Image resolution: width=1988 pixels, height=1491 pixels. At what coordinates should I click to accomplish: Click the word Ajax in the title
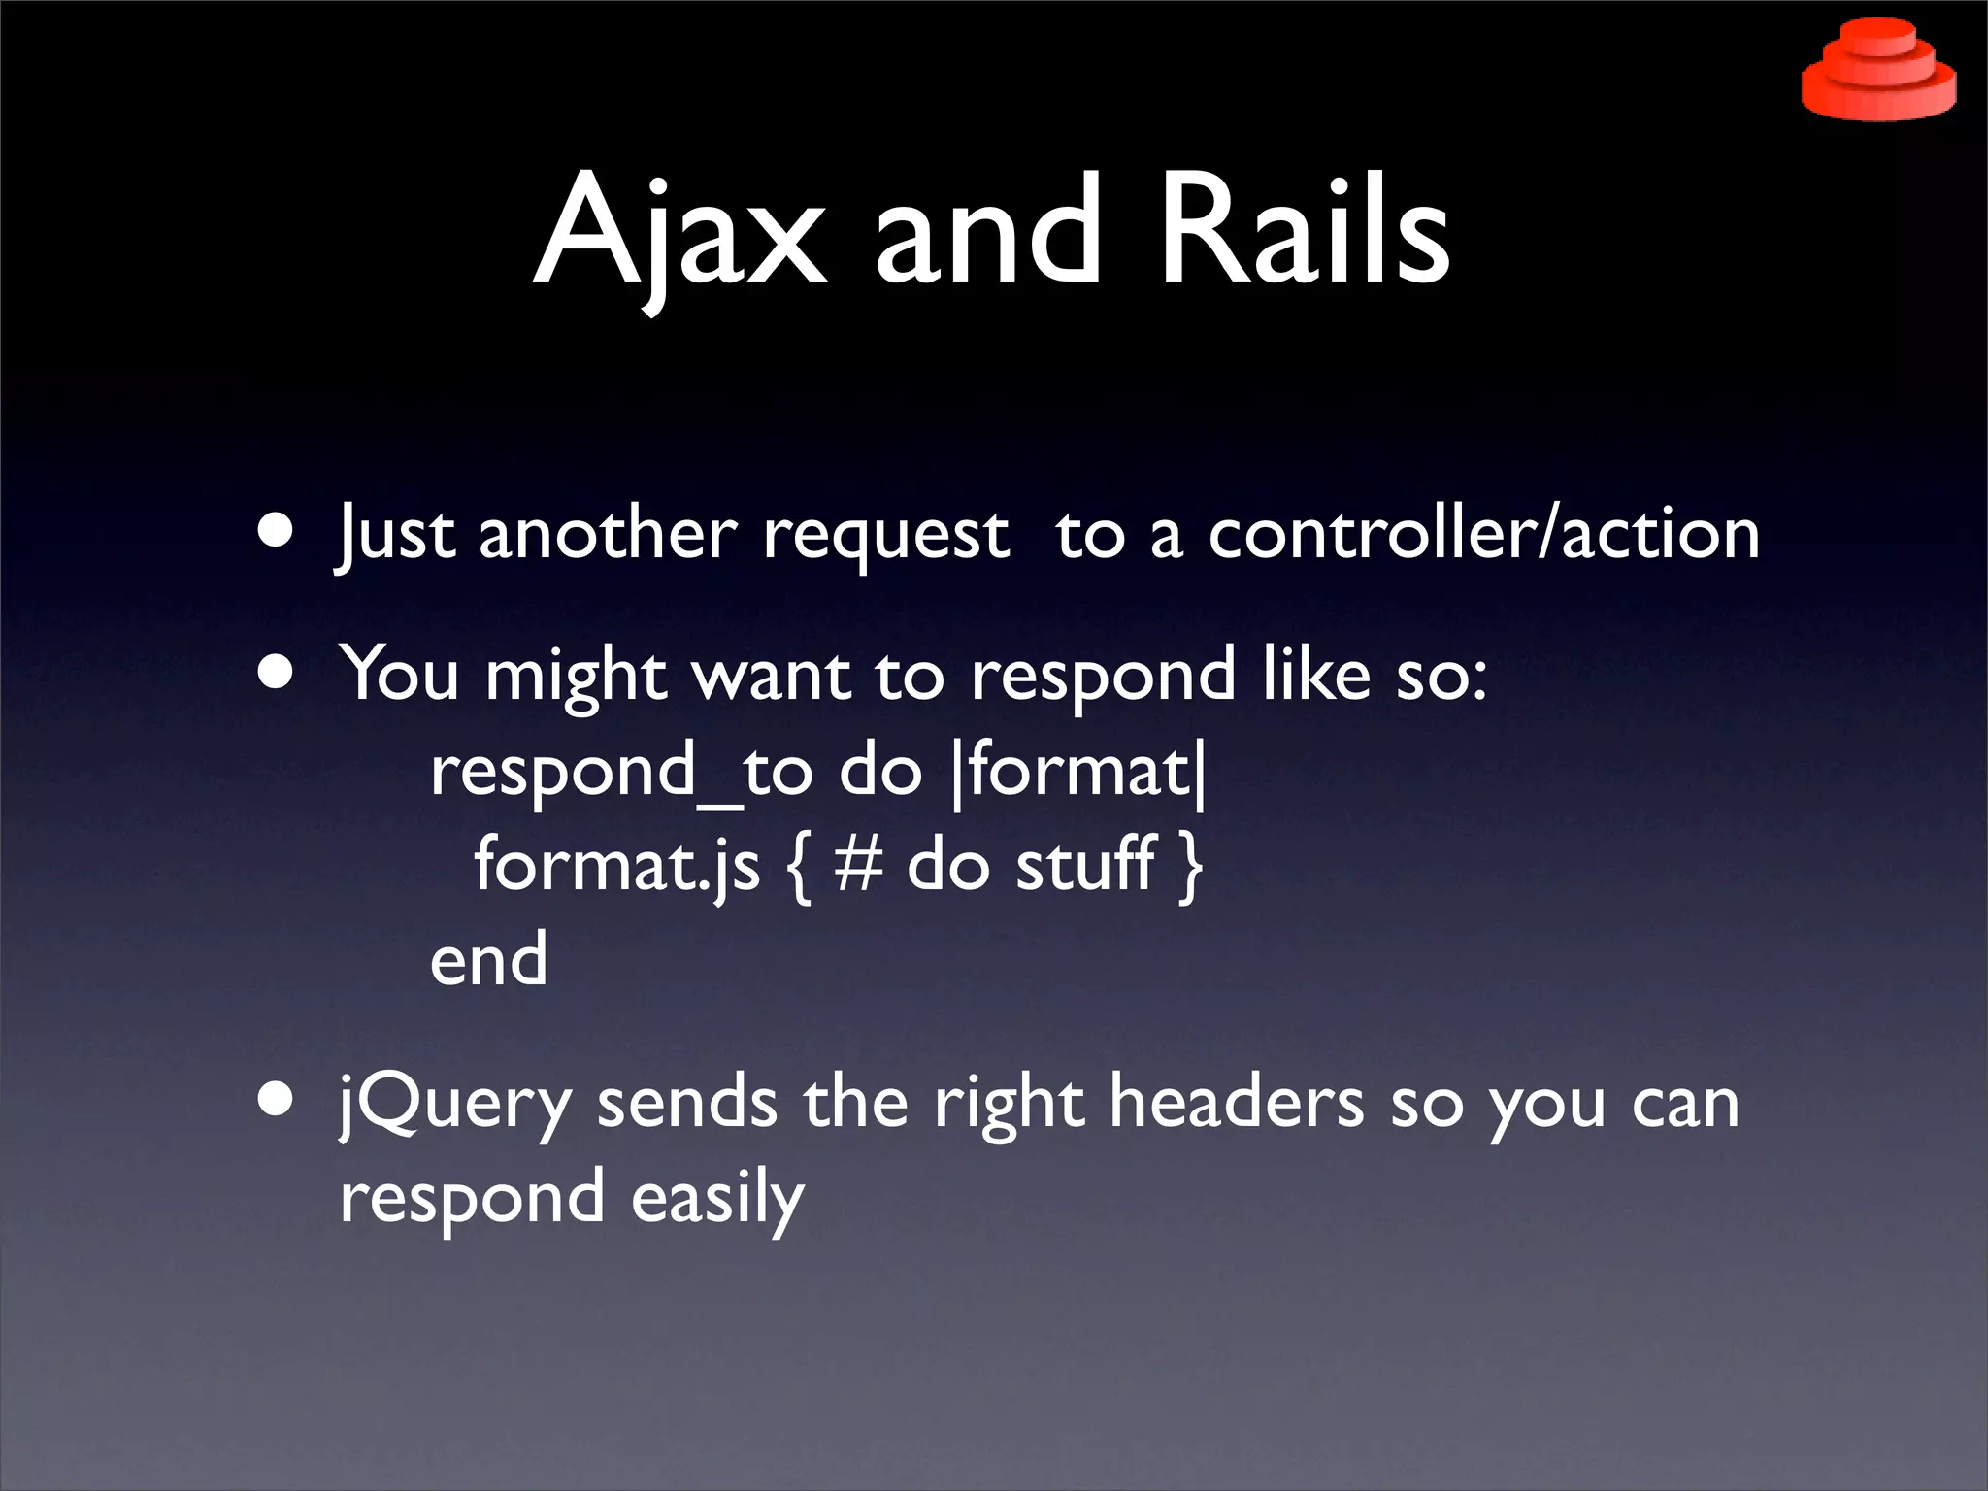click(679, 233)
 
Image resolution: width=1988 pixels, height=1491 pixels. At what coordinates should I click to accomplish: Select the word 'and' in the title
click(987, 233)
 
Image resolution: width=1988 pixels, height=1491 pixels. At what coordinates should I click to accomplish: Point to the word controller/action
click(1483, 534)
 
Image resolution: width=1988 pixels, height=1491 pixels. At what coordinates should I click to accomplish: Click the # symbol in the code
click(858, 864)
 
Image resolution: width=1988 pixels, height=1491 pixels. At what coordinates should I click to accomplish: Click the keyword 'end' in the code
click(488, 959)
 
